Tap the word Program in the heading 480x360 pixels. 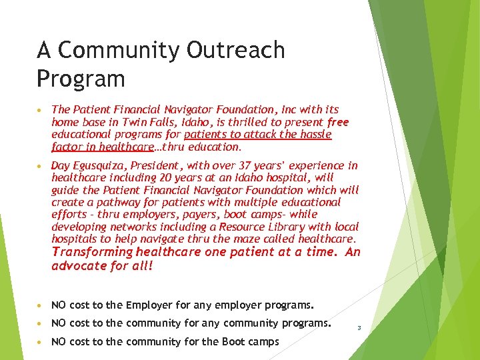(x=81, y=79)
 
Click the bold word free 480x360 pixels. (x=338, y=123)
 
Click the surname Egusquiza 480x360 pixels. (x=100, y=165)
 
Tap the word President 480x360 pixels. (x=154, y=165)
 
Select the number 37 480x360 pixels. (x=233, y=165)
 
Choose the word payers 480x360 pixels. (x=210, y=214)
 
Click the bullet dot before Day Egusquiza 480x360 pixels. (x=41, y=166)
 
